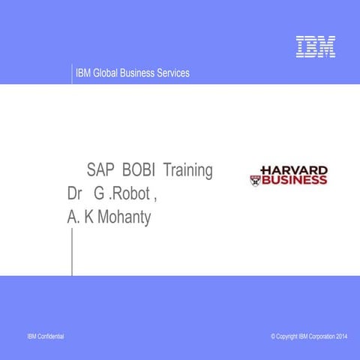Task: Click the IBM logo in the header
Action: point(315,46)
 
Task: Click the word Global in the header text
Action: point(109,73)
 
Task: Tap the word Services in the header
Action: point(172,73)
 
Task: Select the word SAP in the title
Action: point(100,170)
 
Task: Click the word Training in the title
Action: point(188,170)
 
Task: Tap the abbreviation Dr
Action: point(75,194)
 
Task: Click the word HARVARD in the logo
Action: point(293,170)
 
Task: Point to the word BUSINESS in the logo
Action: point(294,180)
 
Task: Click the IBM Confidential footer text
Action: point(45,337)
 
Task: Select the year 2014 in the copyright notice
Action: point(341,337)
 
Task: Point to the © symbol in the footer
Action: point(273,337)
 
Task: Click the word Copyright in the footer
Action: point(286,337)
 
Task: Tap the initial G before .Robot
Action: point(98,194)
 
